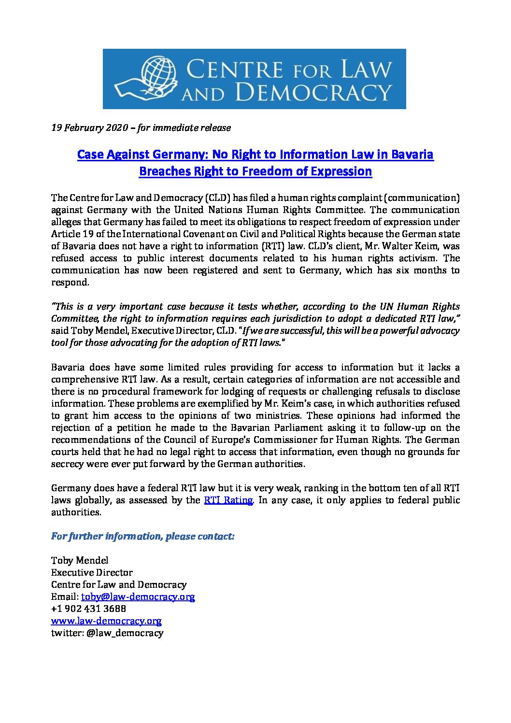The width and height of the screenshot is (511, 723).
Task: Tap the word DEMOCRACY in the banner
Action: pos(309,92)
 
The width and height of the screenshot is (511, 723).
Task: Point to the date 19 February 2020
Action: pos(89,128)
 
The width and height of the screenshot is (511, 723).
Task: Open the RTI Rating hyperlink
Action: pos(228,500)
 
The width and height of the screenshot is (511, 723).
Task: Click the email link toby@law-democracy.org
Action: pos(138,596)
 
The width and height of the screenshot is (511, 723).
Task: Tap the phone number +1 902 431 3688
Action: pos(88,609)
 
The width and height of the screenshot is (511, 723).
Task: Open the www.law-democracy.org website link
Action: pos(106,621)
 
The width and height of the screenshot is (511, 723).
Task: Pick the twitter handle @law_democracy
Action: pos(125,633)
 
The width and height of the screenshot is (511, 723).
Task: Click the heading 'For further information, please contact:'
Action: pos(143,537)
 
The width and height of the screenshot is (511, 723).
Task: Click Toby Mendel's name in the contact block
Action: pos(80,560)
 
